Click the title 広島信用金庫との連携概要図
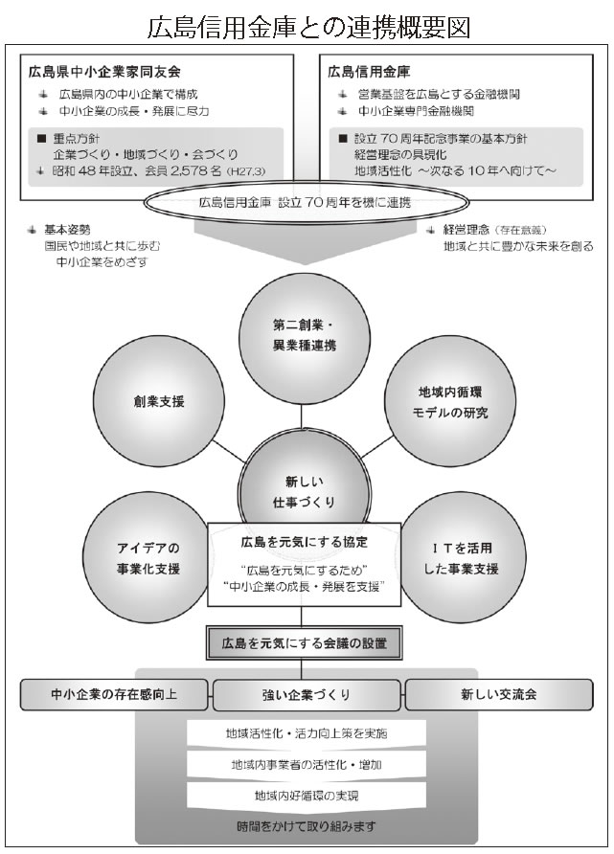[307, 24]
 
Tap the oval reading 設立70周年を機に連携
[305, 202]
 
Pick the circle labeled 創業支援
[152, 401]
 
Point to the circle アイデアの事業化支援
[148, 558]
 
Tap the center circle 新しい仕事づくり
[303, 484]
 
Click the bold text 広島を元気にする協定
[303, 542]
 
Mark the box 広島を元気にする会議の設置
[305, 640]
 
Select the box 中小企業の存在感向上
[114, 693]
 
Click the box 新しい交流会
[498, 693]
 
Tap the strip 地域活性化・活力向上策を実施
[307, 734]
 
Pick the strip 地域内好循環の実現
[307, 795]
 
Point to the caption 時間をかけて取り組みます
[307, 825]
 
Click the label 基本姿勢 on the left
[68, 230]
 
